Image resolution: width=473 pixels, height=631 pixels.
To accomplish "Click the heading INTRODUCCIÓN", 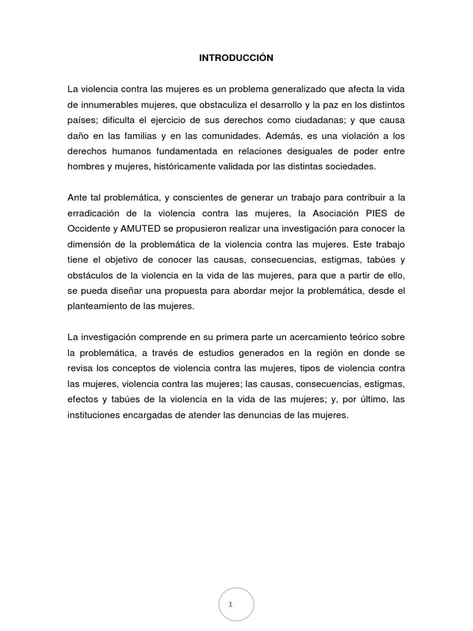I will click(236, 58).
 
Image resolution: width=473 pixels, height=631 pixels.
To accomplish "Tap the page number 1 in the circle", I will click(230, 605).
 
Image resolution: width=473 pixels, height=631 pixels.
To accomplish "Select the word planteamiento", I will click(99, 306).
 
